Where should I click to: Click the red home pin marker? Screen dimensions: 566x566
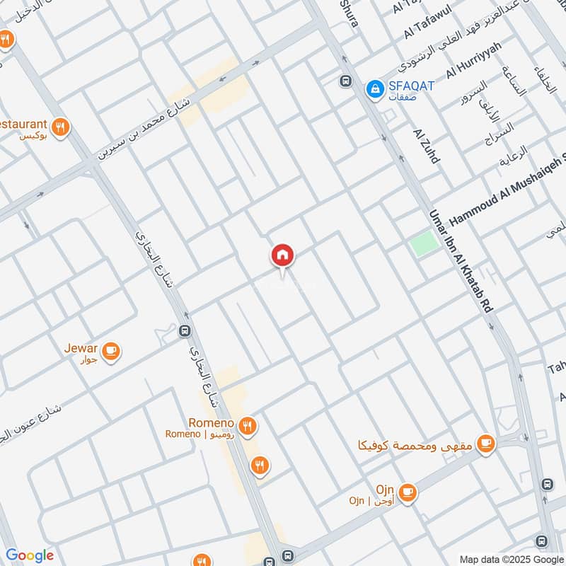coord(282,255)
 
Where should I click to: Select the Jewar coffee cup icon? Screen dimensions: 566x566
coord(111,351)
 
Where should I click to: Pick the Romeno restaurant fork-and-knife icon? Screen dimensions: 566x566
coord(247,426)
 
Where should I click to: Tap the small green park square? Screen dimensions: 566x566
coord(423,244)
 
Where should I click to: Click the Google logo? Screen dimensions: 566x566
coord(29,555)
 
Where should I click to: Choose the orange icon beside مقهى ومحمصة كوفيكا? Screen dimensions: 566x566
coord(485,444)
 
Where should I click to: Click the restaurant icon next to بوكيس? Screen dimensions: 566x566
coord(62,127)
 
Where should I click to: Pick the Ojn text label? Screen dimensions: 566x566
coord(385,489)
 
